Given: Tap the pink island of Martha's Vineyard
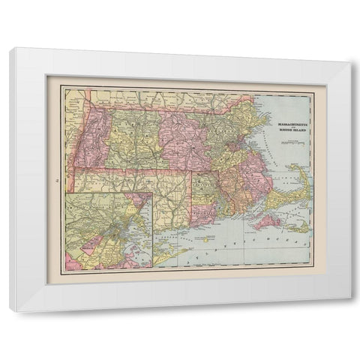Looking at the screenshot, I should coord(268,221).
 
